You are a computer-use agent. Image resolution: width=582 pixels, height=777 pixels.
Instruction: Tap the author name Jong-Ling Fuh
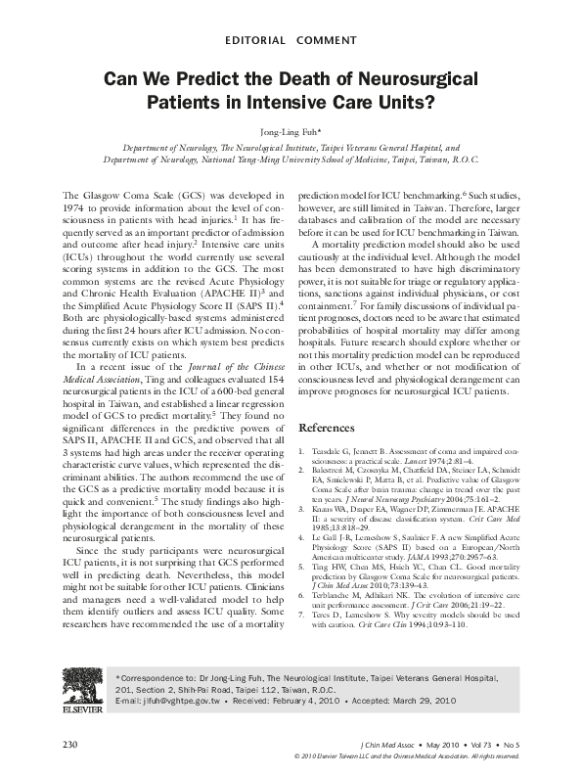pyautogui.click(x=291, y=128)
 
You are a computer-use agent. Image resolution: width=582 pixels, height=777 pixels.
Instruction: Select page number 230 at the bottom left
pyautogui.click(x=69, y=745)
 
